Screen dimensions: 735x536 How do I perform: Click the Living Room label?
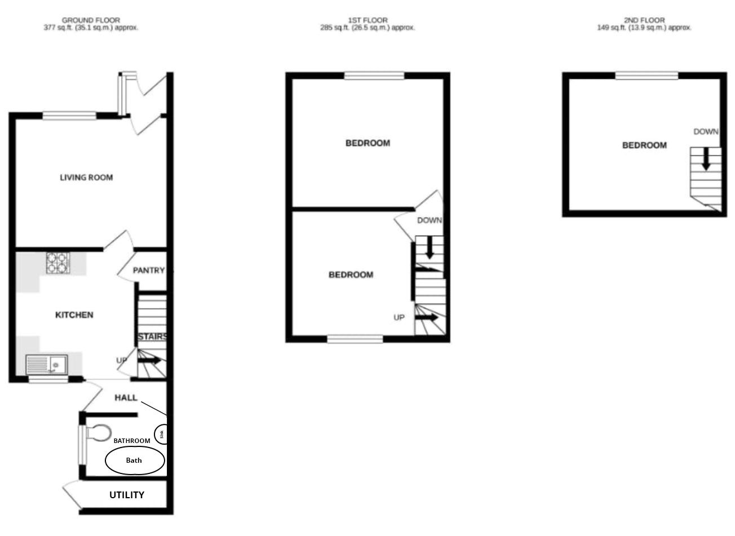tap(86, 178)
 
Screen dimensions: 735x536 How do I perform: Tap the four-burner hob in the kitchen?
tap(57, 263)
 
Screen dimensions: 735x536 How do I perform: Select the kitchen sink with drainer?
tap(47, 365)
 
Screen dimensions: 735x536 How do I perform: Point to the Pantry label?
tap(149, 271)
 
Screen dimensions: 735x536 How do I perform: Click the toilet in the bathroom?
tap(98, 432)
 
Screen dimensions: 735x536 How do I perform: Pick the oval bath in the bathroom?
tap(135, 460)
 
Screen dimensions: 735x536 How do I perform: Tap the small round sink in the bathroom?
tap(161, 435)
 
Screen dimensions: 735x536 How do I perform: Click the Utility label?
tap(127, 495)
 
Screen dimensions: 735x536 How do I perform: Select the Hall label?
tap(126, 397)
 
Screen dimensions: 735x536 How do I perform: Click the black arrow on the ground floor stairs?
tap(149, 360)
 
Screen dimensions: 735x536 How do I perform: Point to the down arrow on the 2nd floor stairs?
tap(706, 159)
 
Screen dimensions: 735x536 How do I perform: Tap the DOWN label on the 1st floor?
tap(430, 220)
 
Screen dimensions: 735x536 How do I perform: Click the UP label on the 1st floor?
tap(399, 317)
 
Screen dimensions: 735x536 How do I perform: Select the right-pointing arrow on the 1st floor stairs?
tap(427, 317)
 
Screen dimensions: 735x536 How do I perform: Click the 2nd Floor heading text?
tap(644, 20)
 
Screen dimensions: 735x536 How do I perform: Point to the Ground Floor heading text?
tap(91, 20)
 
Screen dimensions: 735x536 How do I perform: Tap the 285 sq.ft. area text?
tap(334, 28)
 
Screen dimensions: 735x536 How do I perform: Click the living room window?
tap(69, 116)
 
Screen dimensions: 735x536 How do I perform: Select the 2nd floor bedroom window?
tap(647, 76)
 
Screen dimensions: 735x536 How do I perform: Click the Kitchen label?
tap(74, 315)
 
